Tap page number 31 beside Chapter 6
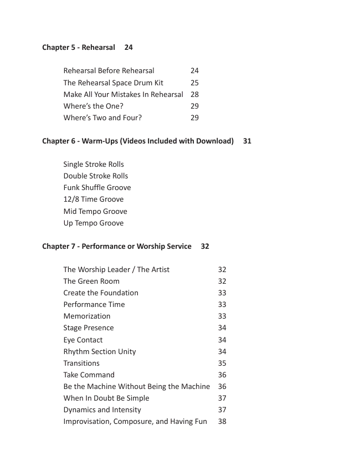(x=247, y=141)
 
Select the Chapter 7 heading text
(x=116, y=247)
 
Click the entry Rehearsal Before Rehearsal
(x=109, y=71)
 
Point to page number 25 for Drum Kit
(x=194, y=83)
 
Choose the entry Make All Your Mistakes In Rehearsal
(x=123, y=94)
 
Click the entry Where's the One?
(x=93, y=106)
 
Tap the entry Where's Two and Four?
(x=102, y=117)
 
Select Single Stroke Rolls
(x=94, y=165)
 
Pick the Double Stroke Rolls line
(x=95, y=176)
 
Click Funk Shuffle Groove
(x=97, y=188)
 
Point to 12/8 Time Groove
(x=93, y=199)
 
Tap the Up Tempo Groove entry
(x=93, y=223)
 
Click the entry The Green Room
(x=91, y=281)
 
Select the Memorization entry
(x=86, y=316)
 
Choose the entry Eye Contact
(x=83, y=340)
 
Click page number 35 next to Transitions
(x=222, y=364)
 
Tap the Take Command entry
(x=89, y=375)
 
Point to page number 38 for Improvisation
(x=222, y=422)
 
